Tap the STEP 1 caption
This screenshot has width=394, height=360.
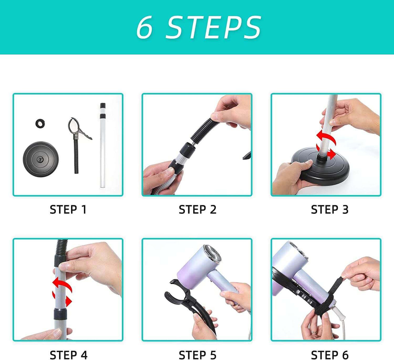pos(68,210)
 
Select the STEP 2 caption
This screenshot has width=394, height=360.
pos(197,210)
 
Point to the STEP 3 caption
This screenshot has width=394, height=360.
pos(330,210)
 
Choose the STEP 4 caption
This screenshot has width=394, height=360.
pos(68,355)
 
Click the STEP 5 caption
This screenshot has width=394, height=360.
pos(197,355)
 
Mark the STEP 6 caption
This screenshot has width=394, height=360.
pos(330,355)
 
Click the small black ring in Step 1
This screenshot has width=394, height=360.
pos(40,124)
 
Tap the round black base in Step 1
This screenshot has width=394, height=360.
pos(41,159)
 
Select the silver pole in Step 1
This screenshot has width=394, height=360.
pos(103,145)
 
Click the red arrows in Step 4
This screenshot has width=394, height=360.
pos(62,292)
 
